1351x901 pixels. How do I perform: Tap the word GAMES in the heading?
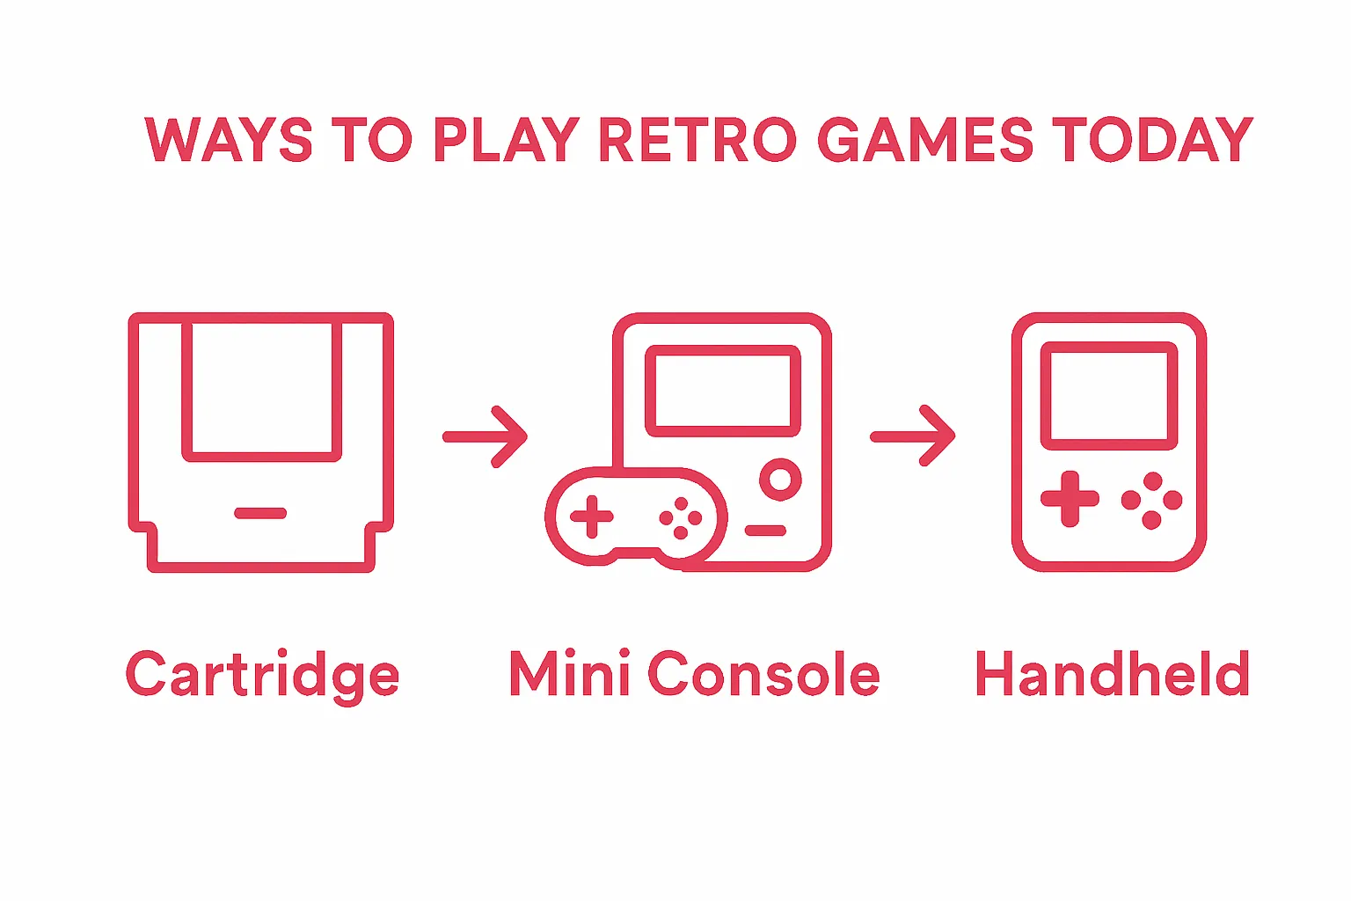pyautogui.click(x=924, y=139)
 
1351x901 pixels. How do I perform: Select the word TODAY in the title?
pyautogui.click(x=1152, y=139)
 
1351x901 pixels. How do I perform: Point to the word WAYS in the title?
pyautogui.click(x=230, y=139)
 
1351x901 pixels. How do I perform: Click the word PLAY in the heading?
pyautogui.click(x=507, y=139)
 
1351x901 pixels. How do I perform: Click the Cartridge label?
pyautogui.click(x=262, y=676)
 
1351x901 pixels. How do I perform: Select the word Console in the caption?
pyautogui.click(x=764, y=672)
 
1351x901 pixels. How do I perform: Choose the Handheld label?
pyautogui.click(x=1112, y=672)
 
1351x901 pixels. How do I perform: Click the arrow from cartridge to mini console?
pyautogui.click(x=486, y=436)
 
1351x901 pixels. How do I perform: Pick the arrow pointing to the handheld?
pyautogui.click(x=912, y=436)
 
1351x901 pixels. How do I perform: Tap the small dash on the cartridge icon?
pyautogui.click(x=260, y=513)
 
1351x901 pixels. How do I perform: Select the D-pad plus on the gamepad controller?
pyautogui.click(x=592, y=516)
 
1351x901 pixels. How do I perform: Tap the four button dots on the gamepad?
pyautogui.click(x=681, y=517)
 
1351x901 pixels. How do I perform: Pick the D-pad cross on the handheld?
pyautogui.click(x=1070, y=499)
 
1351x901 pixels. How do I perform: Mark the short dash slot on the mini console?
pyautogui.click(x=766, y=531)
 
